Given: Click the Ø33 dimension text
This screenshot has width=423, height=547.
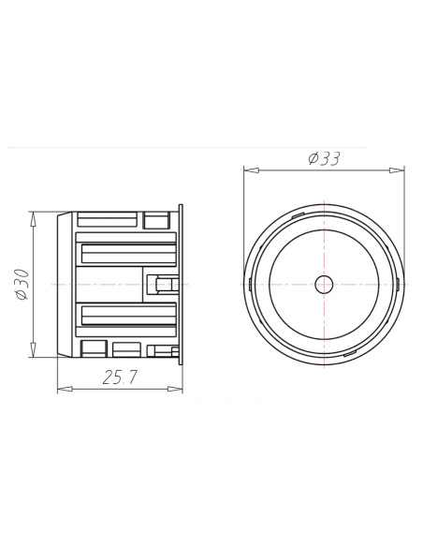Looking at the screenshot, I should coord(323,158).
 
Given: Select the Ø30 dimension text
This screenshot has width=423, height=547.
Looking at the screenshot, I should coord(22,283).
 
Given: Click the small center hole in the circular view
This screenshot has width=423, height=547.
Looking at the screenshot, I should coord(324,283).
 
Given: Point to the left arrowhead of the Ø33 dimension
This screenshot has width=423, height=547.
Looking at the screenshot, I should coord(248,170).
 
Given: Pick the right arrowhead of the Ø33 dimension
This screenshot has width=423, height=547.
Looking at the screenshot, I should coord(400,170).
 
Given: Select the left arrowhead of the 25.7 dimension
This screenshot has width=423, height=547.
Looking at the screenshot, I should coord(62,387).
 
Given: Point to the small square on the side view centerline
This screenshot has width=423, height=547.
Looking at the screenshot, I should coord(166,284).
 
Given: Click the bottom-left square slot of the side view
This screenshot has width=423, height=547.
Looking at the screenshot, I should coord(93,348).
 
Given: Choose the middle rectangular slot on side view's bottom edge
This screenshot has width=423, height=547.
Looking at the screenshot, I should coord(125,347).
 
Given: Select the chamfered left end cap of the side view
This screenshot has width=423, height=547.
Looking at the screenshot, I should coord(63,283).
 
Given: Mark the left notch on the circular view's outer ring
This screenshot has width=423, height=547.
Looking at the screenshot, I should coord(247,283).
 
